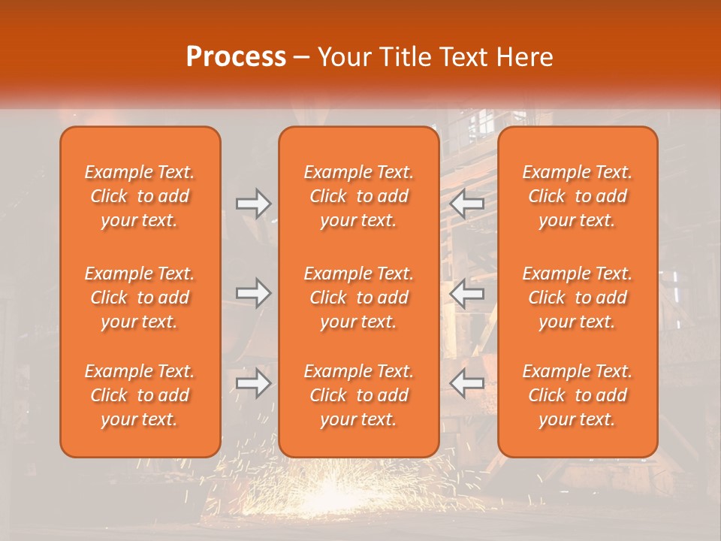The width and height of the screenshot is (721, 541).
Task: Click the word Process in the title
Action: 236,57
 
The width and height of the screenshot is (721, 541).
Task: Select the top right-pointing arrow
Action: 254,204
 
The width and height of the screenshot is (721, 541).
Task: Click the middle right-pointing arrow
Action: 254,293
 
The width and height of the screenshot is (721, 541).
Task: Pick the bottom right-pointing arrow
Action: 254,383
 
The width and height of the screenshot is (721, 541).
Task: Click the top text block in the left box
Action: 140,196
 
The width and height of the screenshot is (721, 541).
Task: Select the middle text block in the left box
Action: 140,298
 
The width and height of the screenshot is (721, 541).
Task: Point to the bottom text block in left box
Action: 140,395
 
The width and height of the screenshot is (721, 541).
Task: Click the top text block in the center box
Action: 359,196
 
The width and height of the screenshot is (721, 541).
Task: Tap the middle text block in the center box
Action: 359,298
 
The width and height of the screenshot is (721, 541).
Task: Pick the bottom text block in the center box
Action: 359,395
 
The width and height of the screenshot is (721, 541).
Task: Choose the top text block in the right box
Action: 578,196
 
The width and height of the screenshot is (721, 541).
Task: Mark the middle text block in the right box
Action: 578,298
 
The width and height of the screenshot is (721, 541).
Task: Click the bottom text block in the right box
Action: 578,395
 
